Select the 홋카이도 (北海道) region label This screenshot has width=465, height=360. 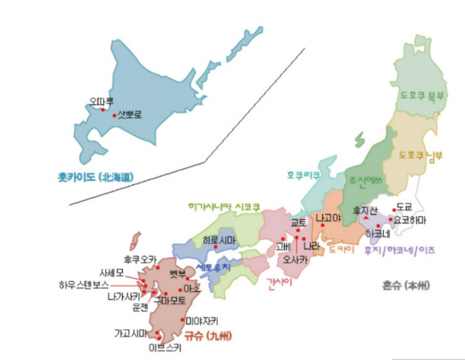(x=96, y=177)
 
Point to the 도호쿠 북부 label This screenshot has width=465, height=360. (x=421, y=96)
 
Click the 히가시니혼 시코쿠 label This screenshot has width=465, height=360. (x=224, y=206)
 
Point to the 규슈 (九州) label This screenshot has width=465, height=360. (x=207, y=335)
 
